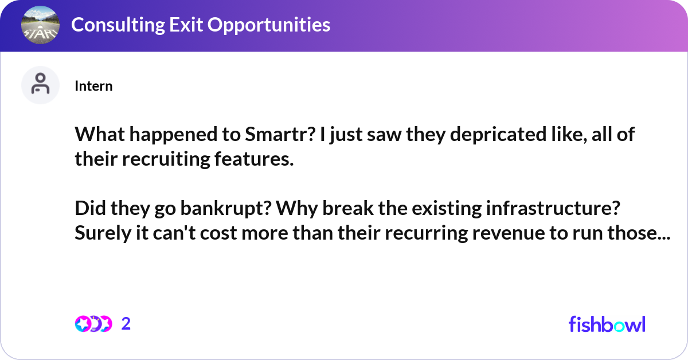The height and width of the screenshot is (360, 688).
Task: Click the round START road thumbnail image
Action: pos(40,25)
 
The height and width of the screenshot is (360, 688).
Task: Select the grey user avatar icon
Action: pos(40,85)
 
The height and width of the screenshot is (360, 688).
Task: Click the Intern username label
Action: pos(93,86)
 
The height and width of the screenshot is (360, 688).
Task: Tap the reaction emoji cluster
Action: pos(93,324)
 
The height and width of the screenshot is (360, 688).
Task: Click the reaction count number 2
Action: pos(126,324)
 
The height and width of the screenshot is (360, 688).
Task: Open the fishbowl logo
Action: pos(607,324)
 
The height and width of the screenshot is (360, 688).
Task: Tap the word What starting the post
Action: pos(97,136)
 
